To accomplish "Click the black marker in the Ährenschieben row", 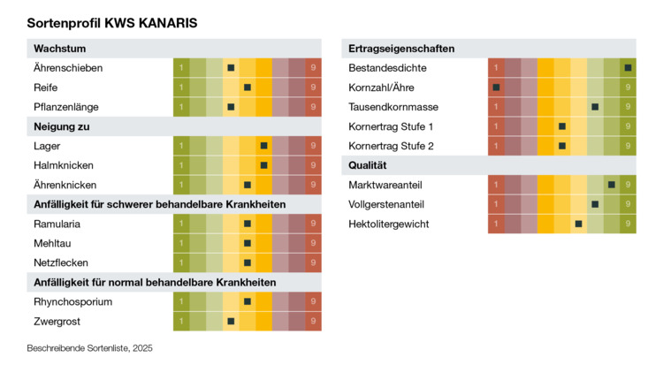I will tap(231, 67).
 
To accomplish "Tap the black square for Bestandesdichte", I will tap(628, 67).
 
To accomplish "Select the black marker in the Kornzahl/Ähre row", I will tap(496, 87).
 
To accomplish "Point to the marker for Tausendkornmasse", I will tap(595, 106).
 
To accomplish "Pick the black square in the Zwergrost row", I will tap(231, 321).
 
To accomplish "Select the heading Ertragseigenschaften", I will tap(401, 48).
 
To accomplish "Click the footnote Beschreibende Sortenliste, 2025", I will tap(90, 348).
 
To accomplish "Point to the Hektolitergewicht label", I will tap(388, 224).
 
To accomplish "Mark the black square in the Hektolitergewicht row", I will tap(578, 224).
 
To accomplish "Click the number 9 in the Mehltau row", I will tap(313, 243).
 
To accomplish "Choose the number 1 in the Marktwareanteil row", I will tap(496, 185).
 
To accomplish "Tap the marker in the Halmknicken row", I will tap(263, 165).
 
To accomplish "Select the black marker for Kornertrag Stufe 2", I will tap(562, 145).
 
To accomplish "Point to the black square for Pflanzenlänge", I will tap(231, 106).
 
